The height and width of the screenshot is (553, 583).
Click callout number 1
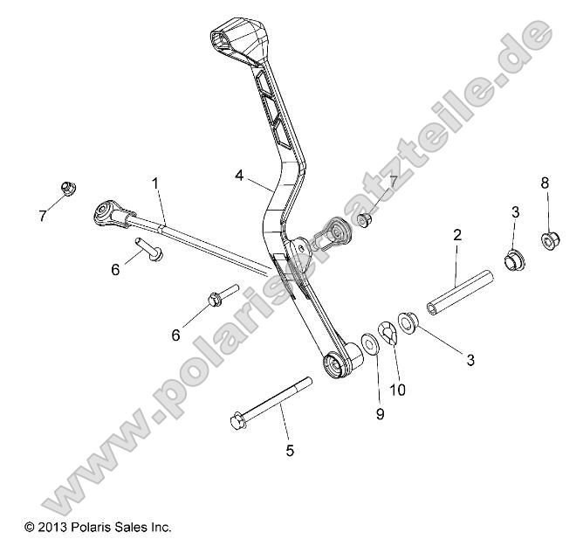[x=155, y=183]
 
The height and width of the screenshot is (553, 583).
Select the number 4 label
[x=239, y=175]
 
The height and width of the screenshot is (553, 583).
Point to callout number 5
[x=290, y=451]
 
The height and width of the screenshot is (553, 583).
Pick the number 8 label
[x=545, y=183]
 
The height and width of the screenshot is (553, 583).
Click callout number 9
[x=380, y=414]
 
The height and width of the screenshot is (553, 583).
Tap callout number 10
[x=397, y=391]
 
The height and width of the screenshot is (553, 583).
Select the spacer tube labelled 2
[x=460, y=292]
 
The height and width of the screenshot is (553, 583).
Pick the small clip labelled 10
[x=388, y=333]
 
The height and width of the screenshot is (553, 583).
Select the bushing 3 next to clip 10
[x=408, y=322]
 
